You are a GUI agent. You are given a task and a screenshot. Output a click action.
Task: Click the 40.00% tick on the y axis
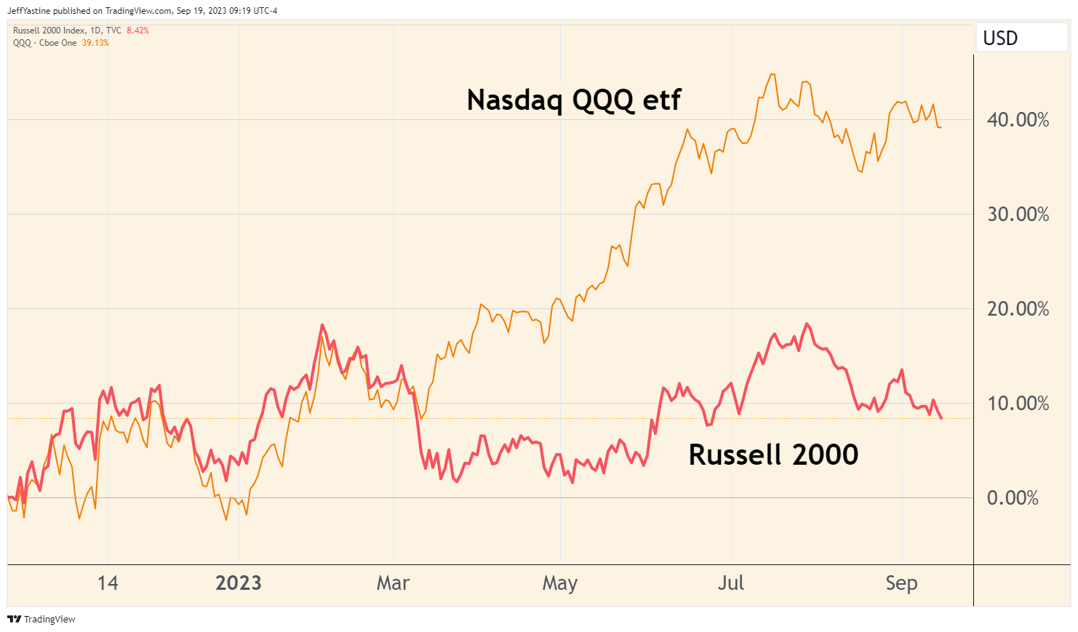coord(1017,120)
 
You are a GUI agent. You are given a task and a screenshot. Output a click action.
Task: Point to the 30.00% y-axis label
coord(1017,215)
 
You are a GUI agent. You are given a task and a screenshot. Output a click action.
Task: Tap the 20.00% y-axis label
coord(1017,309)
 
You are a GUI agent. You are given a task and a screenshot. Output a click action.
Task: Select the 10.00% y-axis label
coord(1017,404)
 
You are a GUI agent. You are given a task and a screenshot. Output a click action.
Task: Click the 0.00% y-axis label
coord(1012,498)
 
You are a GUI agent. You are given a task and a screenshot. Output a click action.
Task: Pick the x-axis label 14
coord(108,583)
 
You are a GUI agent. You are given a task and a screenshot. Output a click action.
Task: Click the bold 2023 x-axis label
coord(239,583)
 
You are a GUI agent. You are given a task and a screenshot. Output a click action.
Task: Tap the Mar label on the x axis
coord(393,583)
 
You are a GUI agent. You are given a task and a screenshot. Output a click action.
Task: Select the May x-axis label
coord(559,583)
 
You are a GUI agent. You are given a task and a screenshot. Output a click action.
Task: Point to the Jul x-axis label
coord(730,583)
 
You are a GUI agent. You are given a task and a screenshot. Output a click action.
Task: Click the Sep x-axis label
coord(901,583)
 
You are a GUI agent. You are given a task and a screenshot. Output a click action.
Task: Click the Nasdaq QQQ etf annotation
coord(573,100)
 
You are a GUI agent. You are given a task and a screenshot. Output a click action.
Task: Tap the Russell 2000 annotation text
coord(773,455)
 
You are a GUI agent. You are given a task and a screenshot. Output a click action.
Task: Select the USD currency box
coord(1000,38)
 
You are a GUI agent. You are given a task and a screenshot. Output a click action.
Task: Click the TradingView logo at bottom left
coord(41,620)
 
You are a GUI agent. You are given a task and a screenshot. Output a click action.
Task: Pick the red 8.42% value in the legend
coord(137,31)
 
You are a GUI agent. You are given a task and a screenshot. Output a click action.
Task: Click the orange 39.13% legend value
coord(95,43)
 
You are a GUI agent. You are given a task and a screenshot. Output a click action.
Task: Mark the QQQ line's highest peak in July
coord(772,74)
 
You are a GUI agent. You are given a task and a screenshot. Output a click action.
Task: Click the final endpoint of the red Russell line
coord(941,418)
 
